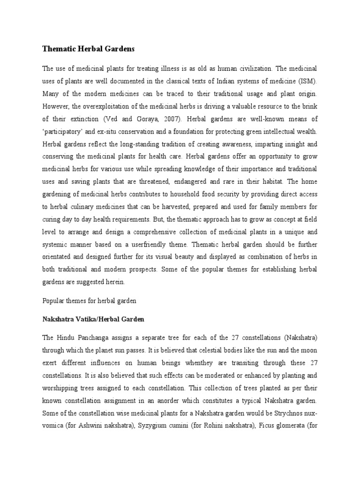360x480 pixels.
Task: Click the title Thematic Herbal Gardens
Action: coord(88,48)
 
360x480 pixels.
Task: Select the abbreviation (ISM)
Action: coord(309,80)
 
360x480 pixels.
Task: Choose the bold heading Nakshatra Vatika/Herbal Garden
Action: coord(93,319)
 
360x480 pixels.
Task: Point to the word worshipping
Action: coord(62,388)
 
